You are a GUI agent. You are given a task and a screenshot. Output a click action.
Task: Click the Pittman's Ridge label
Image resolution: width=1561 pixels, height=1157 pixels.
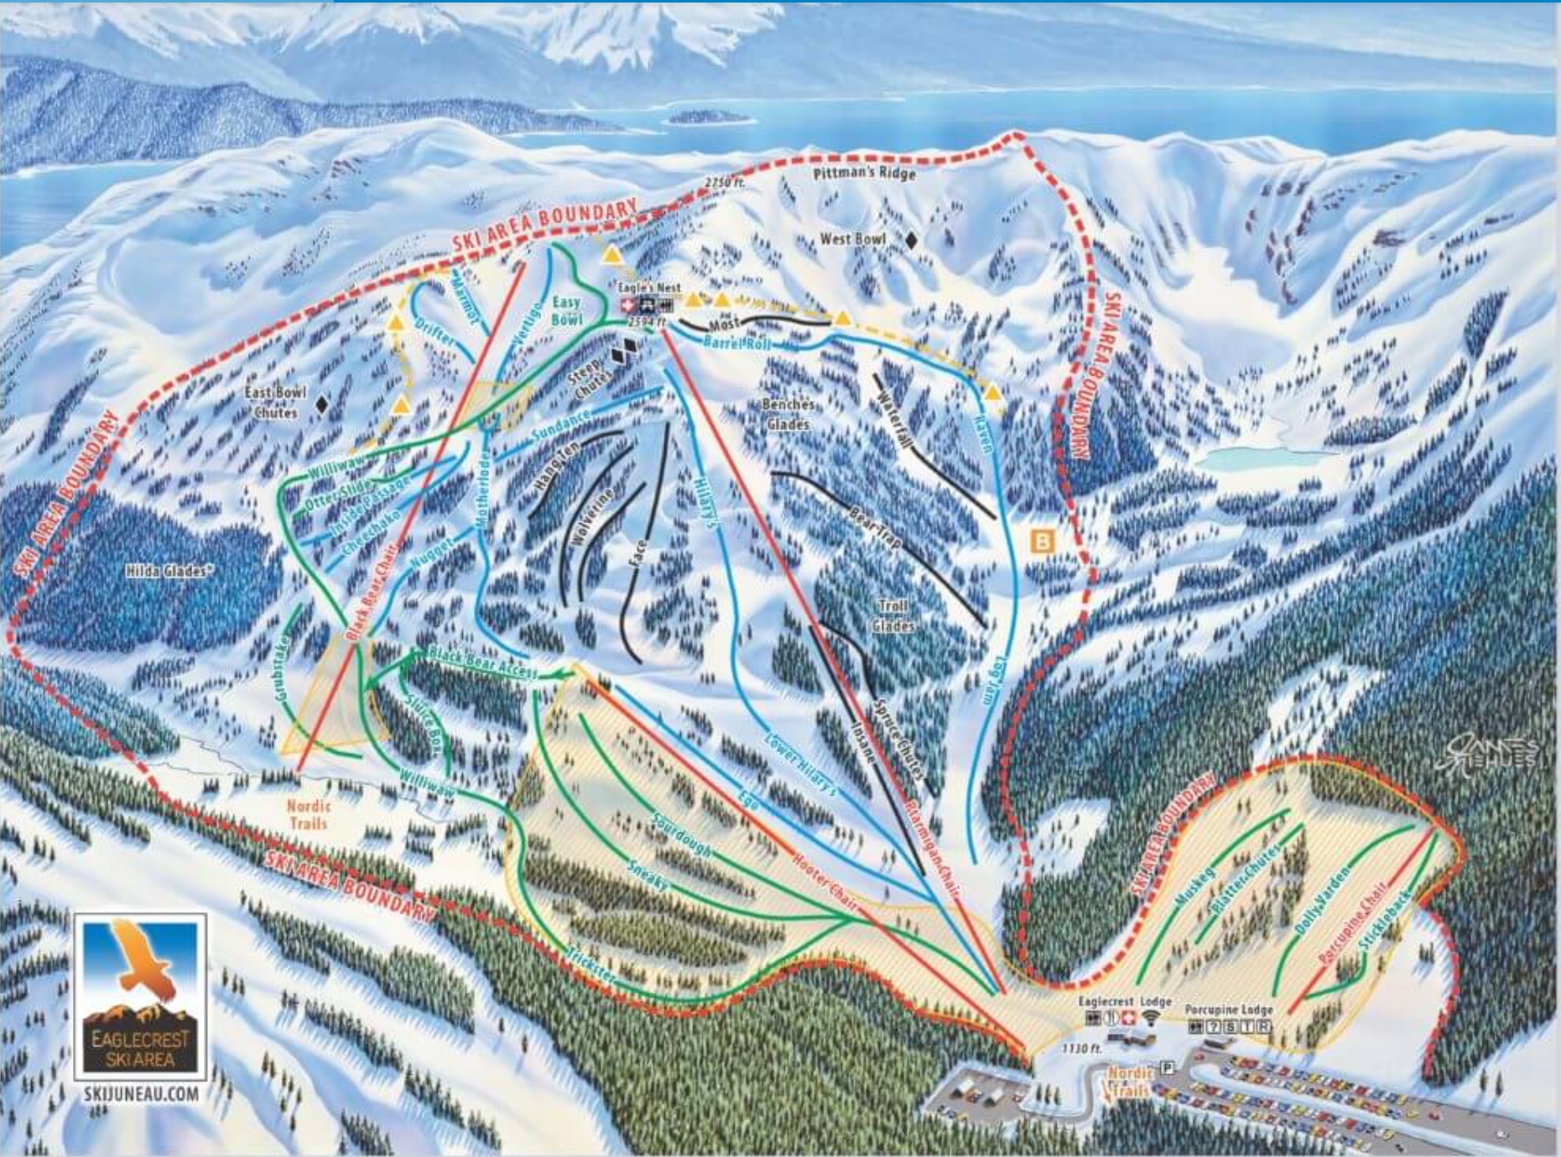tap(864, 174)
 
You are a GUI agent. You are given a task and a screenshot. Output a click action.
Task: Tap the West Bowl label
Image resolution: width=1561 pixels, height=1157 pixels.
tap(852, 240)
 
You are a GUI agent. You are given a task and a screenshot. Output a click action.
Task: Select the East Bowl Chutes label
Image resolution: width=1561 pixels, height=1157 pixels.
tap(275, 402)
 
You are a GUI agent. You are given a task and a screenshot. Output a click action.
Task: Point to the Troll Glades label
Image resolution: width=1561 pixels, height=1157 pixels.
tap(893, 615)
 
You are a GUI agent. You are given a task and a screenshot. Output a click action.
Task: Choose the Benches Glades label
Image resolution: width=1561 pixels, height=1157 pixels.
tap(788, 414)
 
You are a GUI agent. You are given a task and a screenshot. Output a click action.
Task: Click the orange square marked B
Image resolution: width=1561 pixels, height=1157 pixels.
tap(1042, 541)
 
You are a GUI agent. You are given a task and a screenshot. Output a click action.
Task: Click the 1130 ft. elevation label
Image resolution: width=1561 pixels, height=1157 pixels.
tap(1079, 1049)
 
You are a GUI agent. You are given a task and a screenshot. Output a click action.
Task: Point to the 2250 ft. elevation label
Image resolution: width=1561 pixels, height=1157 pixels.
tap(724, 182)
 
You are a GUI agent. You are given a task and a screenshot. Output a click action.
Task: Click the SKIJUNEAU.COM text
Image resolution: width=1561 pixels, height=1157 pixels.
tap(141, 1094)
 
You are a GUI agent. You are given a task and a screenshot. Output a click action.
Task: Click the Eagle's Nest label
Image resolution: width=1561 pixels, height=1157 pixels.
tap(649, 288)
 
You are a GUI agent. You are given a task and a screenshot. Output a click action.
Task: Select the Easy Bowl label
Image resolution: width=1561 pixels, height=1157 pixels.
tap(566, 311)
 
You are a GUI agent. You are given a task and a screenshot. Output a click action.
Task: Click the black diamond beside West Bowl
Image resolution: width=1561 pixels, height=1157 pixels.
tap(911, 241)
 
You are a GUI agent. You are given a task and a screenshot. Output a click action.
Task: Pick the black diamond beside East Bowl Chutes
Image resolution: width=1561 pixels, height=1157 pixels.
tap(321, 405)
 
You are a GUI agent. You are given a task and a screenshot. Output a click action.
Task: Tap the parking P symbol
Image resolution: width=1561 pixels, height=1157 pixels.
tap(1166, 1067)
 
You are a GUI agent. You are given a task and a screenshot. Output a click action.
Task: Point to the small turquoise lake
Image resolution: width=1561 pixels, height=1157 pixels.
tap(1240, 458)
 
